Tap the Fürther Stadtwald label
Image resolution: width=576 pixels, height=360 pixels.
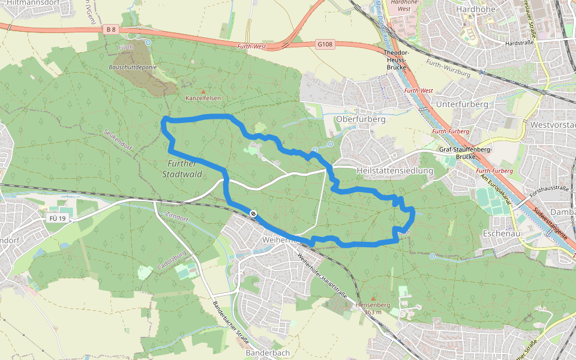click(x=182, y=169)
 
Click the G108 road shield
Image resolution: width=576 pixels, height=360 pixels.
click(x=325, y=44)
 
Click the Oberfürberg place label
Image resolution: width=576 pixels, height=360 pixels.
click(x=361, y=119)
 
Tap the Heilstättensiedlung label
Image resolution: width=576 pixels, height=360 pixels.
click(x=394, y=171)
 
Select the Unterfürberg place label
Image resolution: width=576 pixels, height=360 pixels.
click(x=463, y=104)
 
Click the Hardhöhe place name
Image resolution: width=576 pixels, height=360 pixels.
click(x=475, y=10)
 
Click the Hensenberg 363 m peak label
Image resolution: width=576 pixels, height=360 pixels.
click(x=373, y=308)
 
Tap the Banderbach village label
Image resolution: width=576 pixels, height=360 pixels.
click(x=268, y=353)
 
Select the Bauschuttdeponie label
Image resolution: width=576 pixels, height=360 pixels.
click(x=133, y=67)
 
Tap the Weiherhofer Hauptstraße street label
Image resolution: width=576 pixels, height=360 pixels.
click(x=322, y=276)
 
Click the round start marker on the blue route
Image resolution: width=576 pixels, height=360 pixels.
click(x=254, y=213)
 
